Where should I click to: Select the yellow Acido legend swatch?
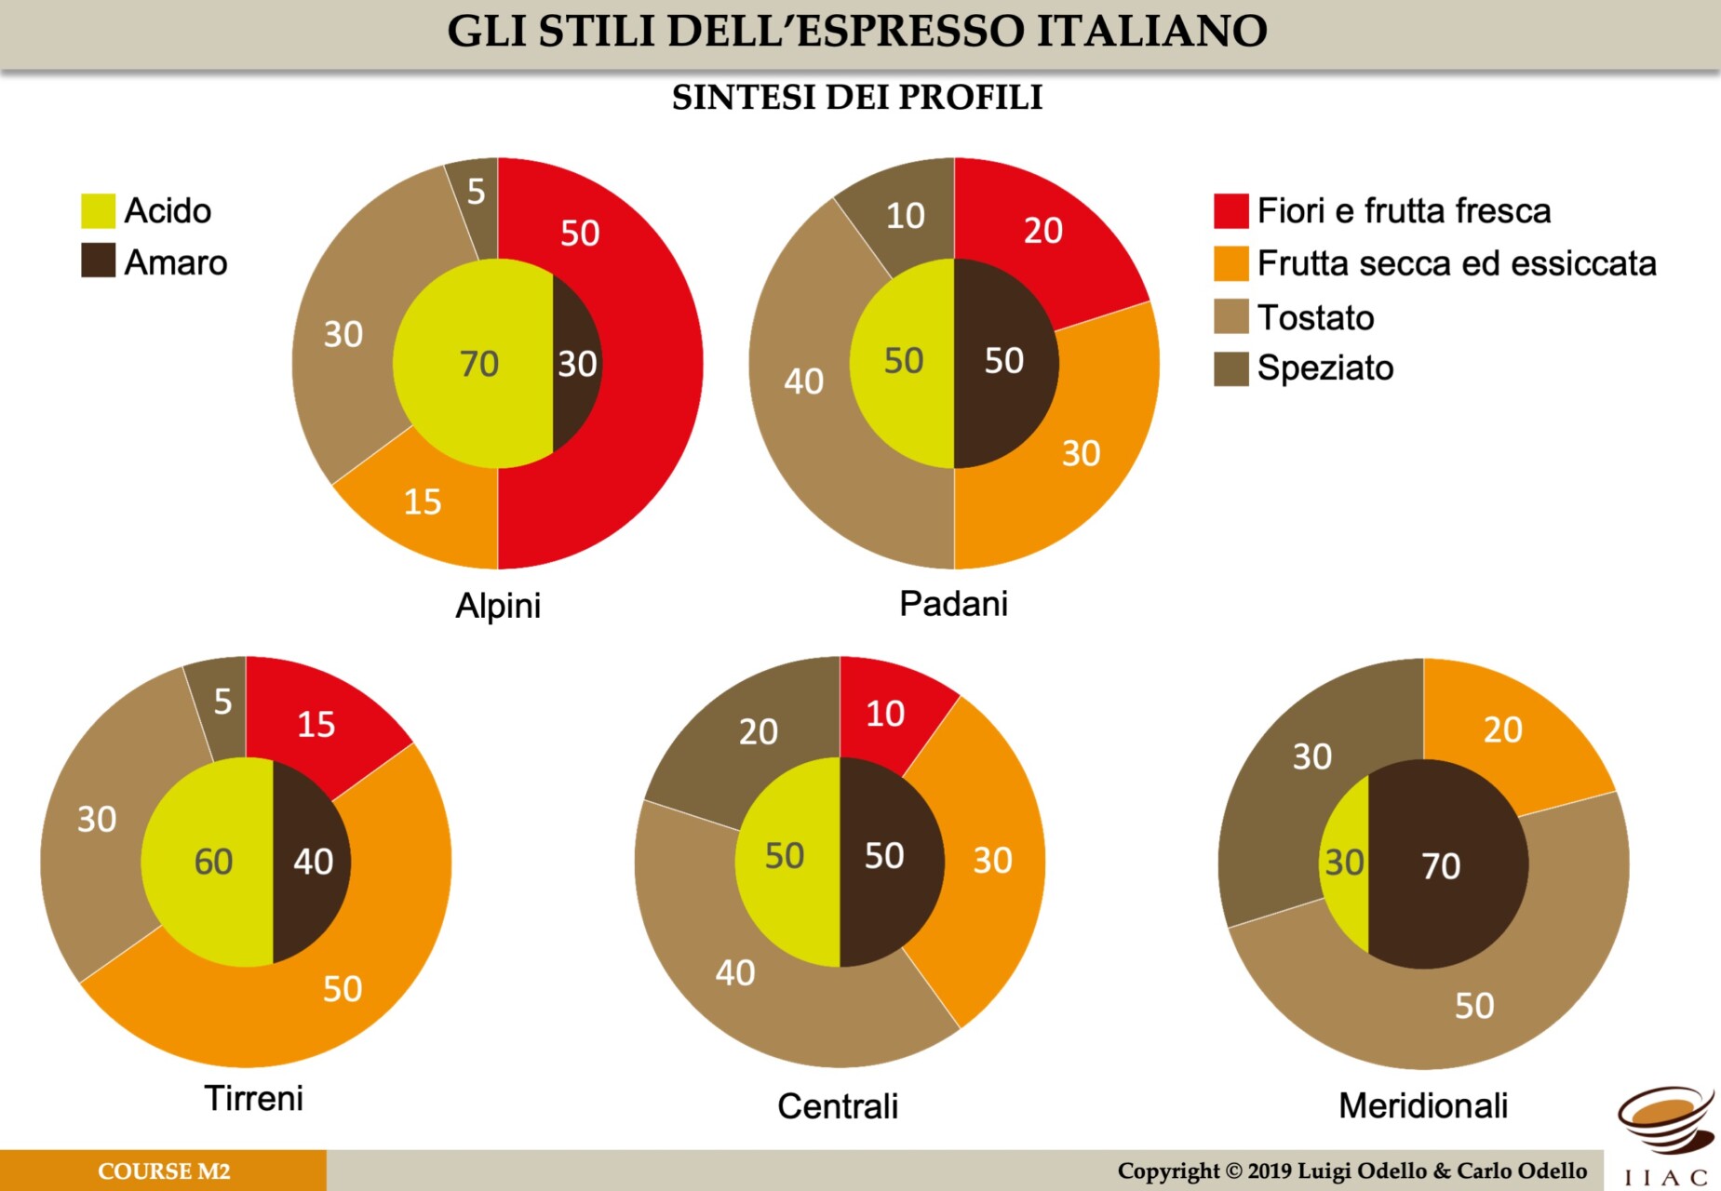pos(98,210)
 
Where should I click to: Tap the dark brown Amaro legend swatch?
pos(98,261)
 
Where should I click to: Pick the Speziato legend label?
pos(1324,368)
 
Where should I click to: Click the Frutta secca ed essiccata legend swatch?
pos(1230,263)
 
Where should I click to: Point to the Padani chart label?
pos(953,604)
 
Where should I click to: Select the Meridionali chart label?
pos(1422,1105)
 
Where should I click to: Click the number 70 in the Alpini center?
pos(479,364)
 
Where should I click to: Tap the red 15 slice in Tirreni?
pos(316,724)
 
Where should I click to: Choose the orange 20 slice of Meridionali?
pos(1501,730)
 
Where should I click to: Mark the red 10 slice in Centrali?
pos(884,714)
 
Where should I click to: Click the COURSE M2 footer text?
pos(164,1171)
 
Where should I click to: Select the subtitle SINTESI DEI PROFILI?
pos(856,97)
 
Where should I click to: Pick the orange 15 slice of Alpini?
pos(423,502)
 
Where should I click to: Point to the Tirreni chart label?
pos(253,1098)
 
